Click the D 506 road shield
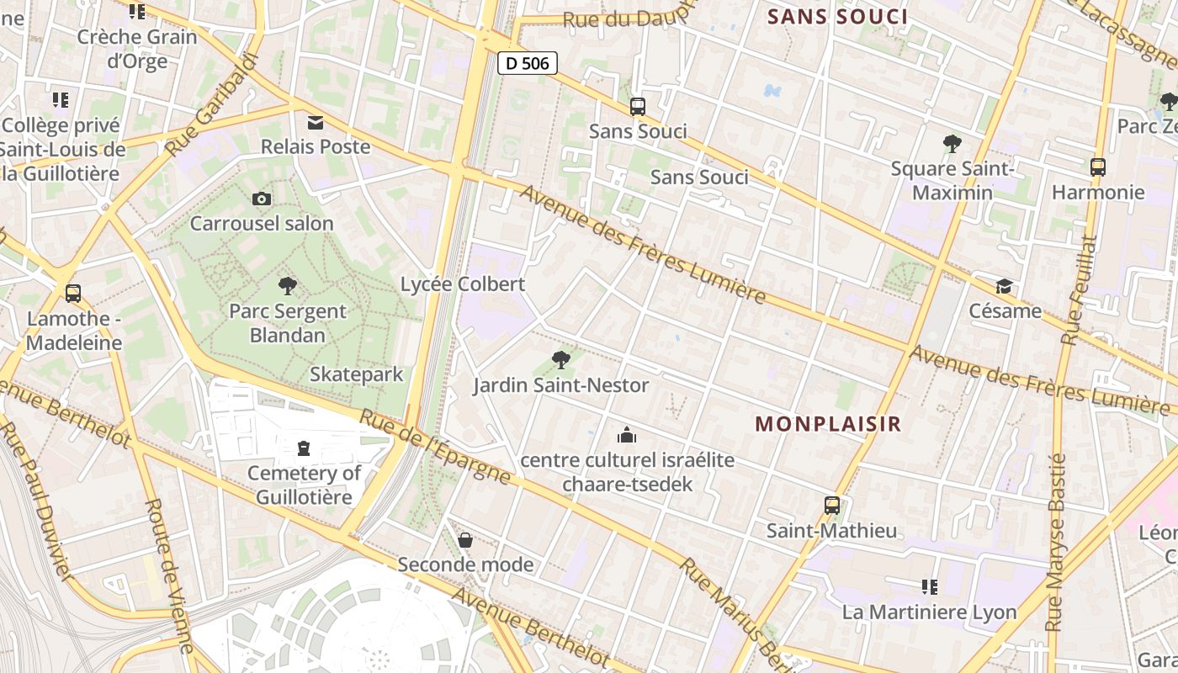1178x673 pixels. [528, 63]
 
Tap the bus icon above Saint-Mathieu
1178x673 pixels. [831, 505]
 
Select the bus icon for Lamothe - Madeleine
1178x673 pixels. [73, 294]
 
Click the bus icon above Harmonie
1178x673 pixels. [1097, 167]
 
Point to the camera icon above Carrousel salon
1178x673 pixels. [262, 199]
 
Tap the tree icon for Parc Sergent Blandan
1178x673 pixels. [288, 286]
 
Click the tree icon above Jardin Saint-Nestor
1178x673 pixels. [560, 360]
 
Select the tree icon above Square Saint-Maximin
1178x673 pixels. [952, 144]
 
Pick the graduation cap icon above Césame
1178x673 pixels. [1003, 287]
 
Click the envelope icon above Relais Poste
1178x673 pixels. [316, 123]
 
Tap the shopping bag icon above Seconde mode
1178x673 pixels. [464, 540]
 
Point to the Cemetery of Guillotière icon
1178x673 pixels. [304, 448]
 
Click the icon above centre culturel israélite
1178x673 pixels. [627, 435]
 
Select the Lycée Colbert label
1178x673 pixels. [463, 284]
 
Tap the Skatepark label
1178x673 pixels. [357, 374]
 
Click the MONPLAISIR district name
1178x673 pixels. [828, 424]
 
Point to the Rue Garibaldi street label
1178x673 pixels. [210, 104]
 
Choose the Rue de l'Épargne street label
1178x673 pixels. [435, 447]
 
